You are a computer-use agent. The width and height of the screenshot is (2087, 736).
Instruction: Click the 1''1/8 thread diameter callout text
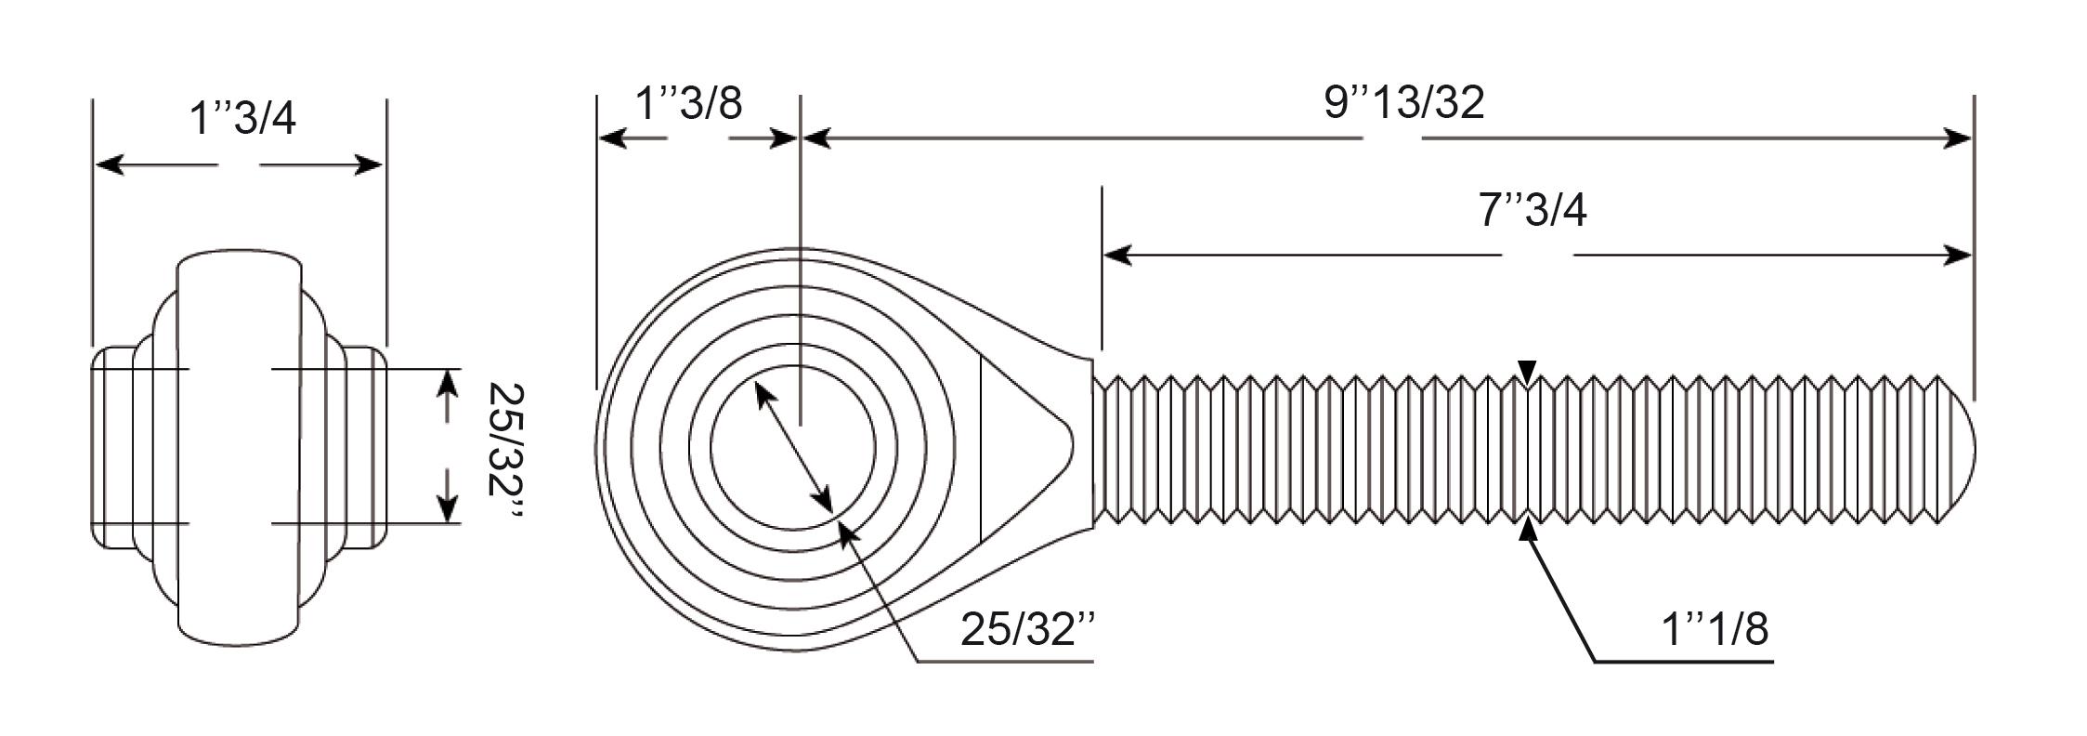click(1715, 629)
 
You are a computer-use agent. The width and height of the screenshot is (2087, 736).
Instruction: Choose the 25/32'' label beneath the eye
click(1028, 629)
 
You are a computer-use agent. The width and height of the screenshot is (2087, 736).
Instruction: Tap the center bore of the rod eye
click(792, 448)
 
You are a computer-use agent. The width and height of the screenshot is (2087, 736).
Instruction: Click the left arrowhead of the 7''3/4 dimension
click(1117, 254)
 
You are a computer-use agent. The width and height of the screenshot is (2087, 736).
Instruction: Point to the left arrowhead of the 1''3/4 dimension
click(111, 165)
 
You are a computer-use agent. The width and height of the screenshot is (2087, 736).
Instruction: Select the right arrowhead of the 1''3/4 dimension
click(368, 165)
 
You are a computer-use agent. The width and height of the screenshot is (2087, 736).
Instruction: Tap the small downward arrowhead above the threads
click(1528, 372)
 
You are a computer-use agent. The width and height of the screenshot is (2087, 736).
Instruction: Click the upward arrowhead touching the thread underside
click(1528, 532)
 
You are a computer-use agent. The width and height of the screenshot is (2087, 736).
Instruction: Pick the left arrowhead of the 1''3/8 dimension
click(613, 139)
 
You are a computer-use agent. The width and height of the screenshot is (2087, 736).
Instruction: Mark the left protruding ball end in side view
click(112, 447)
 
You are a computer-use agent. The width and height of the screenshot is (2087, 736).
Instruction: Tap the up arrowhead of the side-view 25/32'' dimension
click(448, 383)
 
